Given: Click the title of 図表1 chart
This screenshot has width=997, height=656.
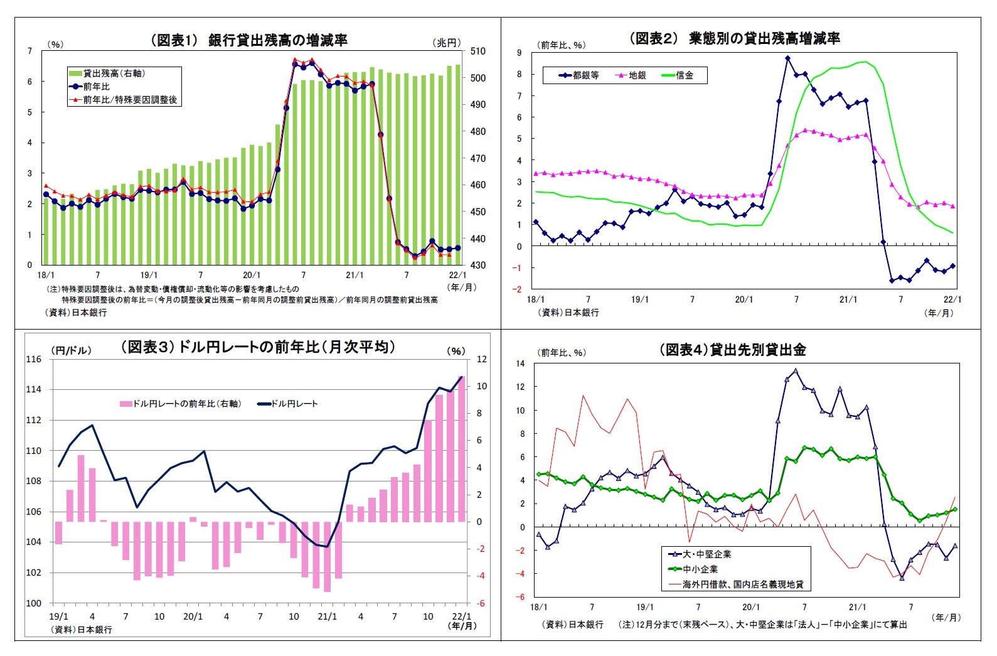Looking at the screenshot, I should pos(248,40).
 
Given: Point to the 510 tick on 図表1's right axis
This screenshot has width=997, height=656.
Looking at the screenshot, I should pos(477,51).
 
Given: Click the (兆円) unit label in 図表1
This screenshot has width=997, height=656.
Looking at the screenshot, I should pos(447,43).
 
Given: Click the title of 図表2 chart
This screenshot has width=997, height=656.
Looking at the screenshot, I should pos(734,38).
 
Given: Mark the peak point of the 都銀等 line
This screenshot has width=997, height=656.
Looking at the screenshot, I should pos(787,58).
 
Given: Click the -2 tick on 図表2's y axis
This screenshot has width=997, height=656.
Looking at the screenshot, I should pos(518,289).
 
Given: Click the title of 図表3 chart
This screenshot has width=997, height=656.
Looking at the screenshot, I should pos(258,347).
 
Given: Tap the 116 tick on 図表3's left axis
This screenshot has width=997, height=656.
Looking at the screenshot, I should pos(33,359).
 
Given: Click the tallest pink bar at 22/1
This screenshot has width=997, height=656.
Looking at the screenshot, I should pos(461,449).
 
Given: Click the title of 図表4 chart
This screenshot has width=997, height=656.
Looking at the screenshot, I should pos(732,350).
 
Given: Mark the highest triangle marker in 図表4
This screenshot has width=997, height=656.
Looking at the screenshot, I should pos(796,371).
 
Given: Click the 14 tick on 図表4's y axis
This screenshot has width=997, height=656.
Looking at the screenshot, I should pos(520,363).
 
